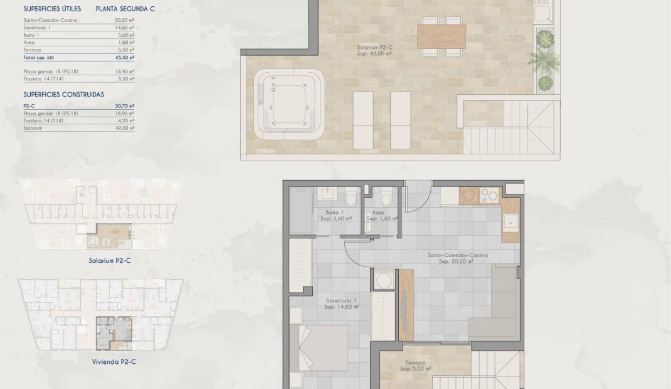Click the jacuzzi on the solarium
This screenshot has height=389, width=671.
tap(289, 104)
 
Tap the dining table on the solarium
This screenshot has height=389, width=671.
tap(441, 36)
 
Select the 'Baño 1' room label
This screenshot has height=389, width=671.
tap(334, 215)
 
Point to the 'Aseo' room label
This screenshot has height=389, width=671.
tap(378, 215)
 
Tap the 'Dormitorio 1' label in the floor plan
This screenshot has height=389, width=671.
tap(342, 304)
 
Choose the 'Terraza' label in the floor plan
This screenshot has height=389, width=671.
tap(415, 366)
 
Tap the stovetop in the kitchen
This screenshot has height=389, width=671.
tap(489, 196)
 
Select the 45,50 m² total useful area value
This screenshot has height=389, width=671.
tap(125, 57)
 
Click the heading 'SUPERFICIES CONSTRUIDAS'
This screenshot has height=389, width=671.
tap(63, 95)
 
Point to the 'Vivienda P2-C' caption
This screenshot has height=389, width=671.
tap(114, 362)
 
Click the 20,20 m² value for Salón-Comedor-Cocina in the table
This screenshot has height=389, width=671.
tap(126, 19)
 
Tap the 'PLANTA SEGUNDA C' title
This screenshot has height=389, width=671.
tap(125, 9)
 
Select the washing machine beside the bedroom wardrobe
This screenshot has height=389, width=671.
tap(383, 280)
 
